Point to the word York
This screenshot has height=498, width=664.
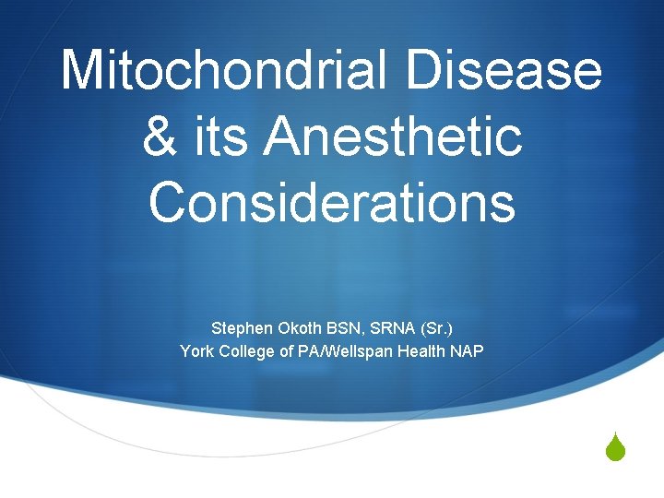[x=197, y=350]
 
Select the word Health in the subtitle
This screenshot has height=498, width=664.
[x=421, y=350]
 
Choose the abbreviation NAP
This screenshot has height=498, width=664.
[x=467, y=350]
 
